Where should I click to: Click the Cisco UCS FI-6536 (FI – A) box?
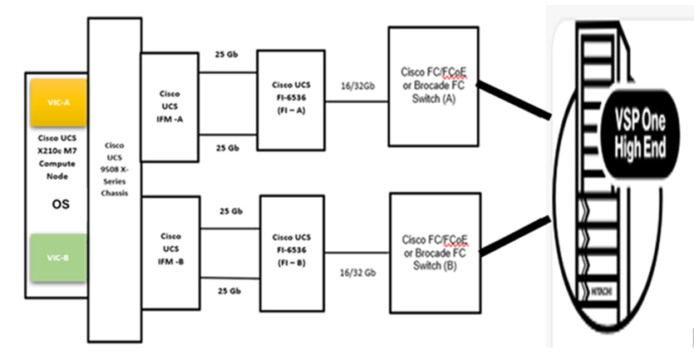[x=291, y=100]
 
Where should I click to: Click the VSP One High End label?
[x=645, y=128]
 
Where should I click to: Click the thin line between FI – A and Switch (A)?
[x=355, y=102]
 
